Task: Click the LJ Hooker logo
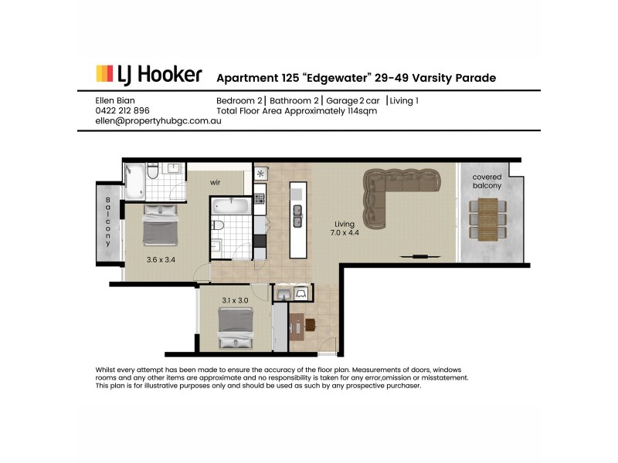(x=148, y=75)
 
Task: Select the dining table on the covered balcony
(x=488, y=219)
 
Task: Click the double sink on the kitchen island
(x=297, y=215)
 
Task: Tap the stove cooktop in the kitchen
(x=260, y=198)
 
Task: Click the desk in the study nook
(x=297, y=326)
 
